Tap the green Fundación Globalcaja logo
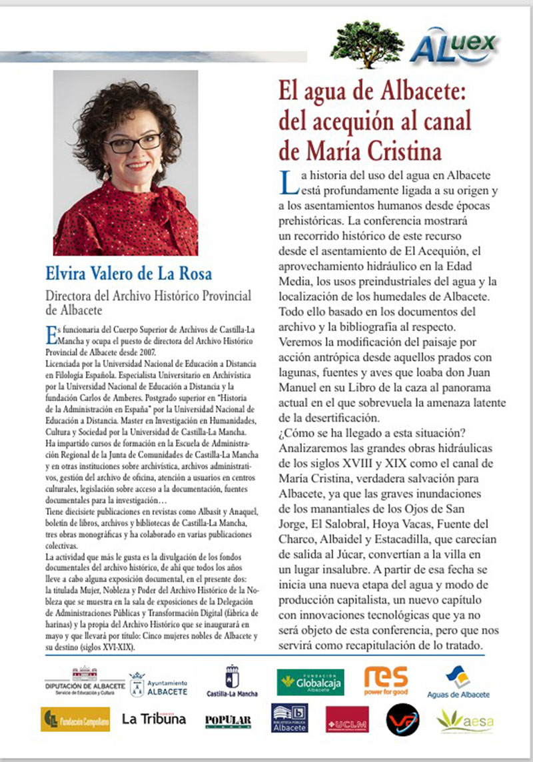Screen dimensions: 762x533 pyautogui.click(x=310, y=682)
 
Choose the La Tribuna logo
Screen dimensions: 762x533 pyautogui.click(x=154, y=719)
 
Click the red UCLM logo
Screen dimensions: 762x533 pyautogui.click(x=347, y=719)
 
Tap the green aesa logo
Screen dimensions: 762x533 pyautogui.click(x=464, y=719)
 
